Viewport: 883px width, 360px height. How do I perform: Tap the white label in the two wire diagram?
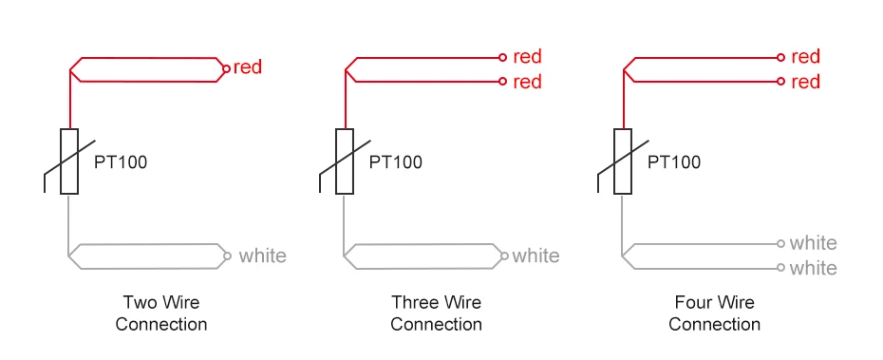[x=262, y=256]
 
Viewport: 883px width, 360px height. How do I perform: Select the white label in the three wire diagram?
[x=536, y=256]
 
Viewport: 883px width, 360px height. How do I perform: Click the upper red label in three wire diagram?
[x=527, y=57]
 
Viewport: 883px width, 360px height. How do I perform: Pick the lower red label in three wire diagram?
[x=527, y=82]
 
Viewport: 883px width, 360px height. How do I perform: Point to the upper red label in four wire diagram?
[x=805, y=57]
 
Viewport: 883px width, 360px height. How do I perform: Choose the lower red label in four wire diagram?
[x=805, y=82]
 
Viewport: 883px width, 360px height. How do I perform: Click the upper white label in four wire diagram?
[x=814, y=243]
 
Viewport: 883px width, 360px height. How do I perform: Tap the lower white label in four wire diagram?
[x=814, y=268]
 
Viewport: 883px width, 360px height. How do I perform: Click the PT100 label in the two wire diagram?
[x=121, y=161]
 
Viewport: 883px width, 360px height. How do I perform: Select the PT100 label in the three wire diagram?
[x=396, y=161]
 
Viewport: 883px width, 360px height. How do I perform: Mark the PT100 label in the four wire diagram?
[x=674, y=161]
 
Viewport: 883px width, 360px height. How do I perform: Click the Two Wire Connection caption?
[x=161, y=313]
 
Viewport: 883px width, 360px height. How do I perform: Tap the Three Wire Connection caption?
[x=437, y=313]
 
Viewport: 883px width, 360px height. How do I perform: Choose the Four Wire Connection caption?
[x=715, y=313]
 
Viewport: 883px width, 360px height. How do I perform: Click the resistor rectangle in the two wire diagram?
[x=69, y=161]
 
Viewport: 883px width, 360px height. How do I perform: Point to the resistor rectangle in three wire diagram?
[x=346, y=161]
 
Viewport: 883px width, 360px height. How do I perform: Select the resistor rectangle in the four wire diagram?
[x=623, y=161]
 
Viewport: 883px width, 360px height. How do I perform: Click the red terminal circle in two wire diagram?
[x=225, y=68]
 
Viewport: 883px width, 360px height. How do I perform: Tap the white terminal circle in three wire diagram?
[x=504, y=256]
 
